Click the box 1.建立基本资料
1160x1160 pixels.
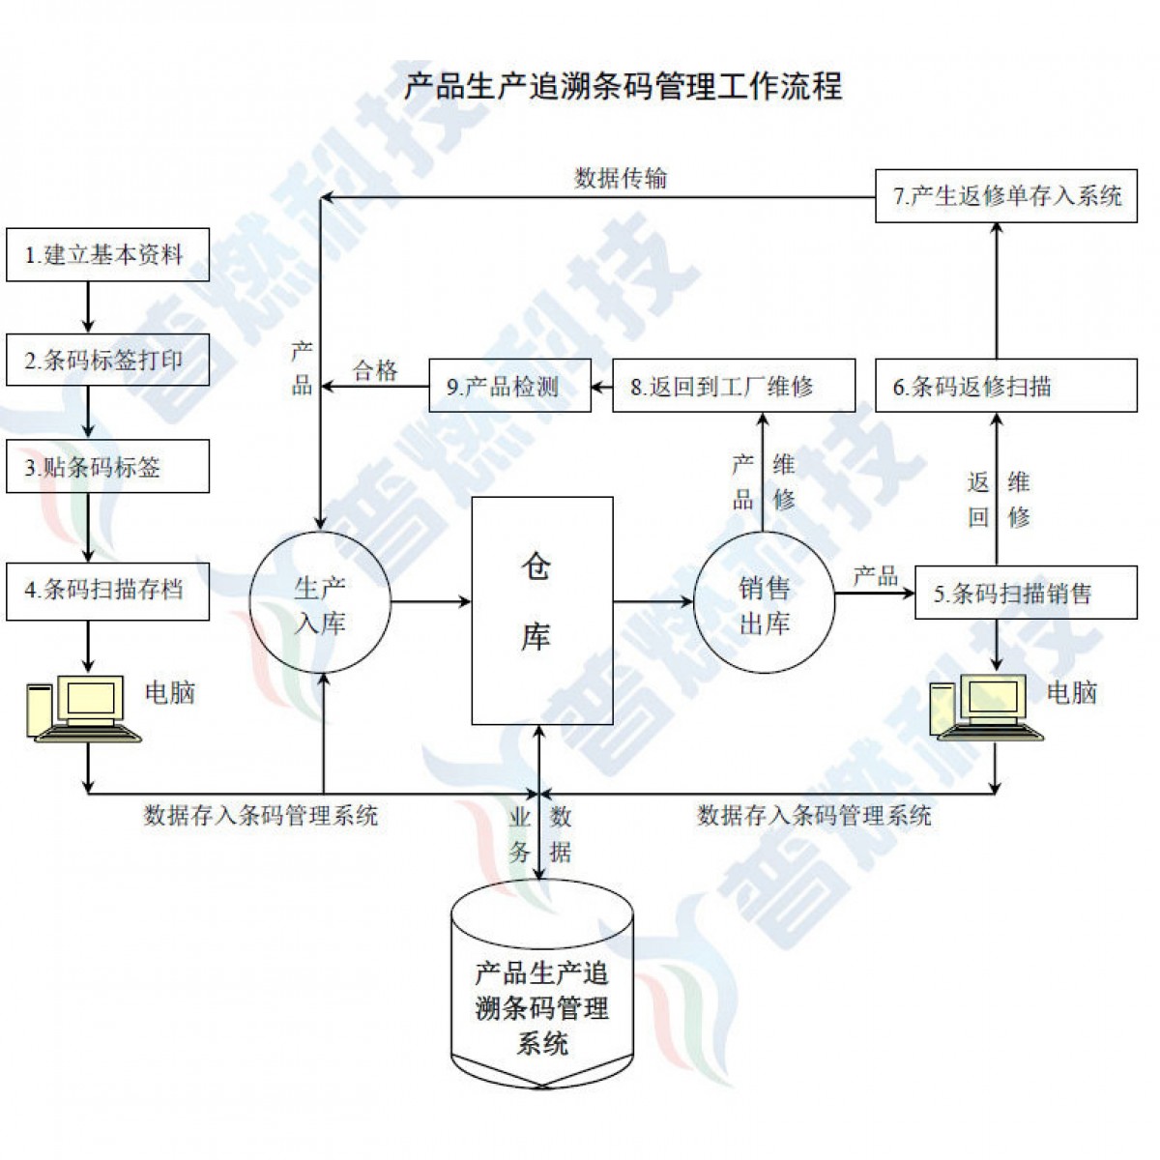coord(107,255)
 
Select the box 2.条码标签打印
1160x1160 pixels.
coord(107,361)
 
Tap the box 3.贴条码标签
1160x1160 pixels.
coord(107,467)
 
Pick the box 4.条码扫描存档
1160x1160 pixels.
coord(107,589)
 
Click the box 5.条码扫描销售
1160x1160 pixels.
coord(1025,593)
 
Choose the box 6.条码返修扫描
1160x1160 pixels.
coord(1005,387)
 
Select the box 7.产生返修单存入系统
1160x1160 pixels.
coord(1005,196)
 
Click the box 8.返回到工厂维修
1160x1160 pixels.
coord(734,387)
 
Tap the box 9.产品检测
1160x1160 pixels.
coord(509,387)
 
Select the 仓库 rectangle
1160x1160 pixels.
coord(541,610)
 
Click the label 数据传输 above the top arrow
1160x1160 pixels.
coord(621,178)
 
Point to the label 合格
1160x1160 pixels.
coord(375,370)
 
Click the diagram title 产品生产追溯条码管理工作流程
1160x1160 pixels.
coord(623,86)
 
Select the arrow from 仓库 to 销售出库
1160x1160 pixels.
coord(653,601)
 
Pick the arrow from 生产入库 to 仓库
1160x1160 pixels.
coord(430,601)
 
